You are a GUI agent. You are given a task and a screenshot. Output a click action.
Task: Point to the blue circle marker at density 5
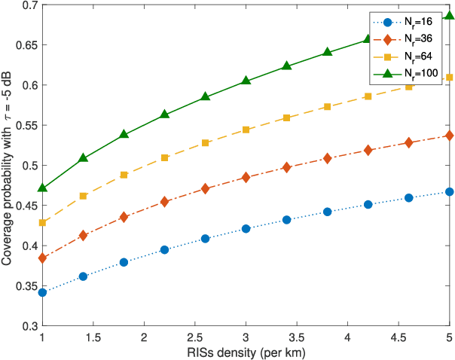pyautogui.click(x=450, y=192)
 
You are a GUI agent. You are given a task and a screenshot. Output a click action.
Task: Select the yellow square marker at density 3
pyautogui.click(x=246, y=130)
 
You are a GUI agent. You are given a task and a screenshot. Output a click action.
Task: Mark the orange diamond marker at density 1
pyautogui.click(x=42, y=258)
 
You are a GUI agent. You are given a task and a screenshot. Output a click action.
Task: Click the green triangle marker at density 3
pyautogui.click(x=246, y=81)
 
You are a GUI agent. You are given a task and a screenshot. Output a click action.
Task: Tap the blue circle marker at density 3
pyautogui.click(x=246, y=228)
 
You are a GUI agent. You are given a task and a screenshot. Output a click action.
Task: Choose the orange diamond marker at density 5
pyautogui.click(x=450, y=136)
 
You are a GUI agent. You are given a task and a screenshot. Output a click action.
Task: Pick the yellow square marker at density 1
pyautogui.click(x=42, y=223)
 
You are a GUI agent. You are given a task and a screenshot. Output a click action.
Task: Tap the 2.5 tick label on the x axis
pyautogui.click(x=195, y=337)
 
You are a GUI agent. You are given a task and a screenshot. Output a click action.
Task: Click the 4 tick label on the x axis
pyautogui.click(x=347, y=337)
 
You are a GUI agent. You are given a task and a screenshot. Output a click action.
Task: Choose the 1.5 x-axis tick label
pyautogui.click(x=93, y=337)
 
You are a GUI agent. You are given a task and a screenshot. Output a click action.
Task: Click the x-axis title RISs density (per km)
pyautogui.click(x=246, y=351)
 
